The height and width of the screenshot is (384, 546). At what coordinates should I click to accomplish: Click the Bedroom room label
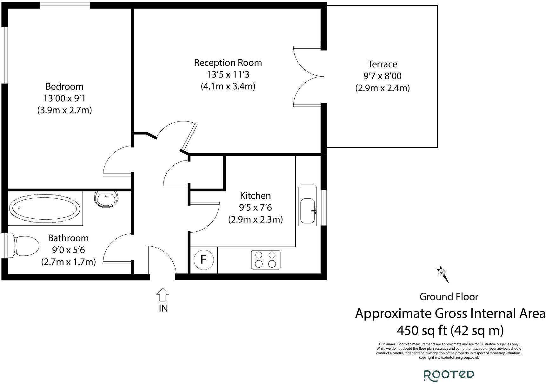64,86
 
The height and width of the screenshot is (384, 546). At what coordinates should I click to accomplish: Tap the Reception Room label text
228,63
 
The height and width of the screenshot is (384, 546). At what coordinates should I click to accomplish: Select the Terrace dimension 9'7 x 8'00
382,76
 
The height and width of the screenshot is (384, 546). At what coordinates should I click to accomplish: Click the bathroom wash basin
106,199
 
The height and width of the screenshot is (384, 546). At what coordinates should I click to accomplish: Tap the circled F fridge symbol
203,260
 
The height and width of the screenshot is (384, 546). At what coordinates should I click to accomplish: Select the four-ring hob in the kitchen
266,260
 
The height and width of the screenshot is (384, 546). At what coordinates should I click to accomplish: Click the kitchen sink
307,210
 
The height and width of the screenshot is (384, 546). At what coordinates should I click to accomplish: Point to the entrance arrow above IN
163,295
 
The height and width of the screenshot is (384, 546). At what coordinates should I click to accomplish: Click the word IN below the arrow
163,308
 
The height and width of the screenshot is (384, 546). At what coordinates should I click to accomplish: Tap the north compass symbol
442,273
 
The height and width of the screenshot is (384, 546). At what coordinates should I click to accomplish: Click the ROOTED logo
449,375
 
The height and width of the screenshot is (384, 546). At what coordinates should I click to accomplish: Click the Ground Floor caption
449,297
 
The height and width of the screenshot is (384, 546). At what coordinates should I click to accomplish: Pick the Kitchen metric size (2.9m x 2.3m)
255,219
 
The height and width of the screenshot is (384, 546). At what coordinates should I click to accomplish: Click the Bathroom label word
68,238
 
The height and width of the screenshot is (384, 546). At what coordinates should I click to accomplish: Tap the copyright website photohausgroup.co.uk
456,358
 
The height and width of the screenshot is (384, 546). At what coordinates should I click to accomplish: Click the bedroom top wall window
64,5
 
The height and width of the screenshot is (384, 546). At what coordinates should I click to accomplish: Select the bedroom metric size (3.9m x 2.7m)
64,110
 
